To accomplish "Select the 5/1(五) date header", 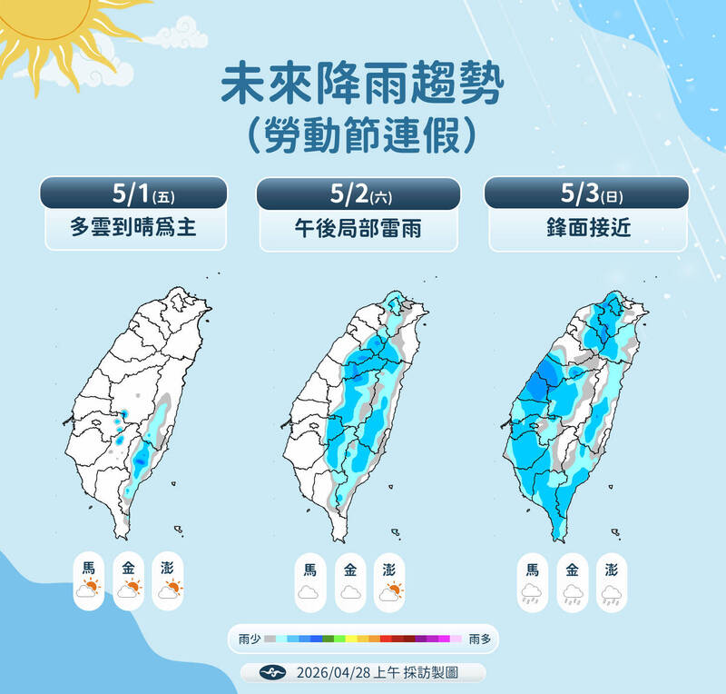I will [133, 194].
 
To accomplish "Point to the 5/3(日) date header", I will [587, 194].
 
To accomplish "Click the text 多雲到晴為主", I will [133, 231].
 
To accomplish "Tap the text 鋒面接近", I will [587, 231].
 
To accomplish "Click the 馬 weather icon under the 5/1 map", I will [89, 589].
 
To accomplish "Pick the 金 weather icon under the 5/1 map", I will [129, 589].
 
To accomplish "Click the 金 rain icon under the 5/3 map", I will [572, 592].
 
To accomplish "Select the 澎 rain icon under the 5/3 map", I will [612, 592].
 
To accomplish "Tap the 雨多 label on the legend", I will [481, 639].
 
